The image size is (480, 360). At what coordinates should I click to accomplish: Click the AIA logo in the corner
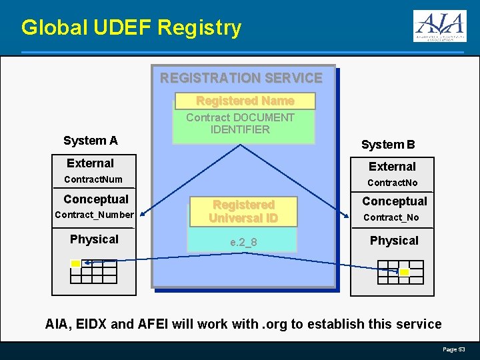(x=439, y=27)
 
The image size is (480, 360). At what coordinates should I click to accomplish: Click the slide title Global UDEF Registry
(x=131, y=28)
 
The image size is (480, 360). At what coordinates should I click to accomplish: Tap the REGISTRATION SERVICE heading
(x=241, y=78)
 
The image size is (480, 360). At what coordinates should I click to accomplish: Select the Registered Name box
(x=245, y=101)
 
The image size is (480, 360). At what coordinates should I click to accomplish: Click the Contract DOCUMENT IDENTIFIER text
(x=240, y=123)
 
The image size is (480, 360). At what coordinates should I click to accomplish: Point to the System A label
(x=90, y=141)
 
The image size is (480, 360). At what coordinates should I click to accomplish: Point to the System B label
(x=388, y=145)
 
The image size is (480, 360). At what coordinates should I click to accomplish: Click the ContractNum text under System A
(x=93, y=179)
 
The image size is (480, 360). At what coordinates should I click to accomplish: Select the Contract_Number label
(x=94, y=215)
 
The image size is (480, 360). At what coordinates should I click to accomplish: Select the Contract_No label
(x=391, y=217)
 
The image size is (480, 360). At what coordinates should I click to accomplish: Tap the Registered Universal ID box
(x=243, y=211)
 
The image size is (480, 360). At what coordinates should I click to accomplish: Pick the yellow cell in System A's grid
(x=76, y=263)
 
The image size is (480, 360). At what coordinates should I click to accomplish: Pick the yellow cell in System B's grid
(x=404, y=272)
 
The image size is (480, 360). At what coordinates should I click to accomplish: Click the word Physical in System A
(x=94, y=239)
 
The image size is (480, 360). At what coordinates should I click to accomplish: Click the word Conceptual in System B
(x=395, y=201)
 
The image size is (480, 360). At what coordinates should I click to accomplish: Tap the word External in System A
(x=91, y=163)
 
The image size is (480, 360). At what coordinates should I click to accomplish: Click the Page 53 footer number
(x=454, y=349)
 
